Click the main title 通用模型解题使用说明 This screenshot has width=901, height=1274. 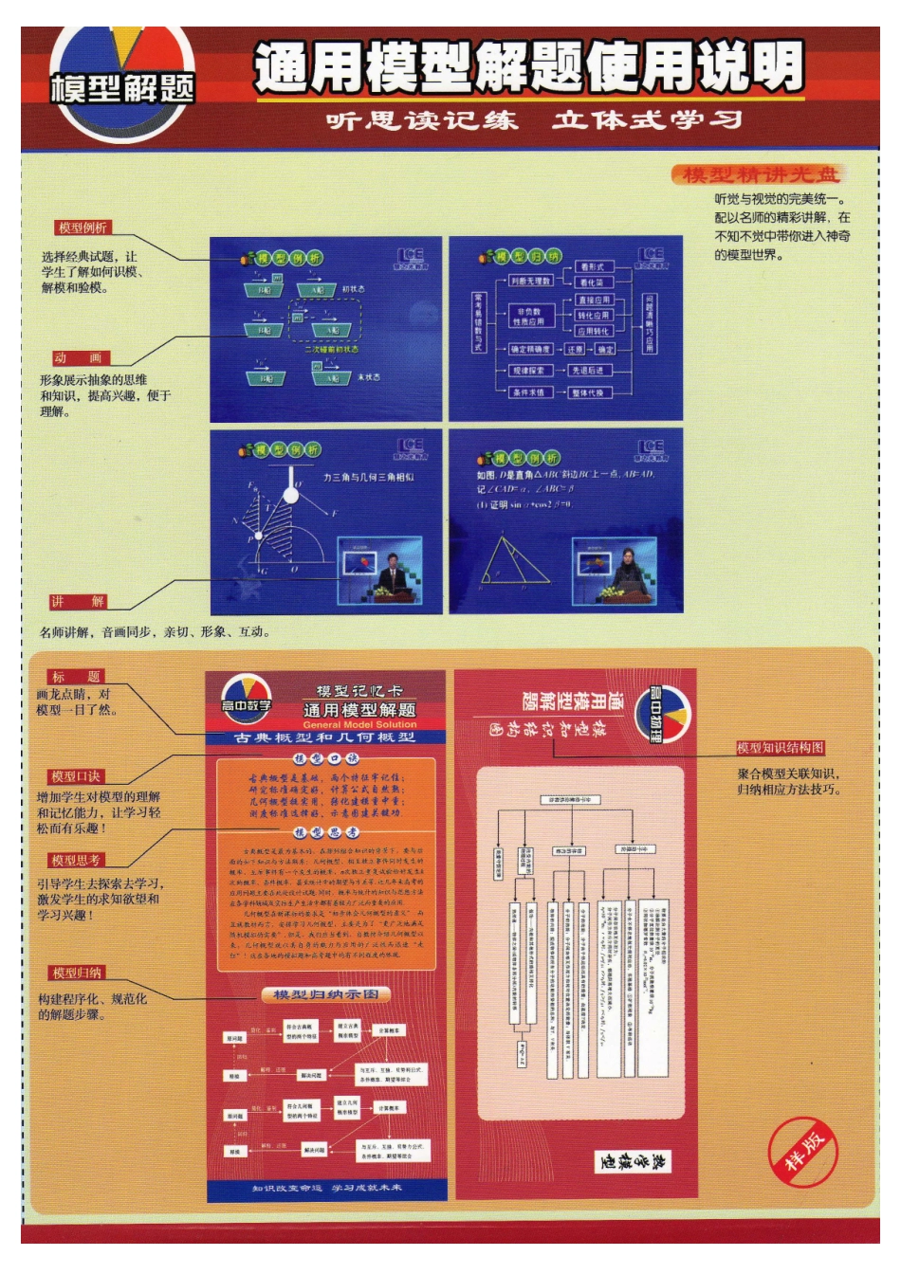[528, 68]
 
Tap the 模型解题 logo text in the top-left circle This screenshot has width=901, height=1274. [122, 88]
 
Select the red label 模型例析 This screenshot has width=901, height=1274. [83, 227]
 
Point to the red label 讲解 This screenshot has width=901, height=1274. [79, 602]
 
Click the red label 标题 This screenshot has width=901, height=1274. [76, 677]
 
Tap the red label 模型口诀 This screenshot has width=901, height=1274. [76, 776]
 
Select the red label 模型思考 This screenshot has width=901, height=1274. [76, 860]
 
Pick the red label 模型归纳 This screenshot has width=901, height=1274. [77, 973]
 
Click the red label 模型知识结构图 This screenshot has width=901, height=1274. [781, 748]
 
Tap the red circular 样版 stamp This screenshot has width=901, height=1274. [803, 1152]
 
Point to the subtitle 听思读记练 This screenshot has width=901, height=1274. [422, 120]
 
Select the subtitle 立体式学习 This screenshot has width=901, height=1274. [647, 120]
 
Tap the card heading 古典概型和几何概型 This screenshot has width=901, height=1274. [325, 737]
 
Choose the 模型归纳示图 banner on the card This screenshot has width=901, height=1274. [325, 994]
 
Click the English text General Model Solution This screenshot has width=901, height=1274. [359, 724]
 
